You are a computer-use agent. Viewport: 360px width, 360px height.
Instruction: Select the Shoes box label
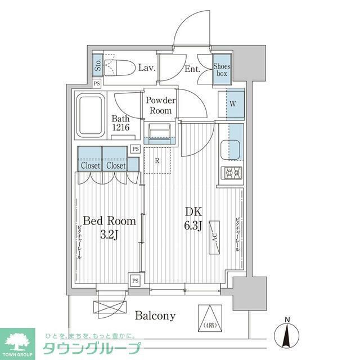(x=222, y=70)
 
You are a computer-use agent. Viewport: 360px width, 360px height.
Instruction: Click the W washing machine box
(x=232, y=103)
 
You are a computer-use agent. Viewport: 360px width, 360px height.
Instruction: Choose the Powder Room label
(x=160, y=105)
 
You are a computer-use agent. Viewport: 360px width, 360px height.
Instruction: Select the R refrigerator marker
(x=157, y=160)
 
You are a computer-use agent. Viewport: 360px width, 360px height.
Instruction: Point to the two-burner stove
(x=232, y=173)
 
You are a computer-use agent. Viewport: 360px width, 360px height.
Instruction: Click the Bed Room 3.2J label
(x=110, y=227)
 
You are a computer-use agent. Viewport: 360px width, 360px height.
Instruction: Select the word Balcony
(x=155, y=316)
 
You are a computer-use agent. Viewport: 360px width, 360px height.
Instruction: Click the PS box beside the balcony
(x=135, y=280)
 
